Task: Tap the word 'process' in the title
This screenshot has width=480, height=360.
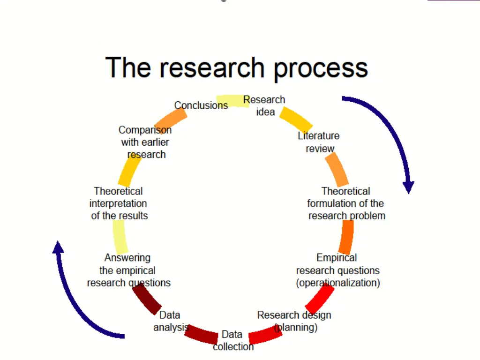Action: (321, 68)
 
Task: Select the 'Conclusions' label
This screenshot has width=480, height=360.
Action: (201, 105)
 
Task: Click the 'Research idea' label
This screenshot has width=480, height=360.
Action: (264, 106)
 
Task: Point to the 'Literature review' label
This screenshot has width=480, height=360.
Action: (319, 142)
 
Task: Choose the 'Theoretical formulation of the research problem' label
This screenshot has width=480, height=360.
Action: (346, 203)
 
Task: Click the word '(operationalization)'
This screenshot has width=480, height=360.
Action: (338, 283)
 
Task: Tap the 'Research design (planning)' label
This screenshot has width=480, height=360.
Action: (294, 321)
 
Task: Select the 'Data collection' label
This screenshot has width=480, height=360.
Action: (232, 340)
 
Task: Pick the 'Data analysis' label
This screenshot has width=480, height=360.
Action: (171, 321)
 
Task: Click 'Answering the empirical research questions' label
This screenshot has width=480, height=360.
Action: (128, 270)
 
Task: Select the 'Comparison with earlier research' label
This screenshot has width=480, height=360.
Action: (145, 142)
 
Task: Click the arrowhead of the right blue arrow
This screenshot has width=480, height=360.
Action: (409, 187)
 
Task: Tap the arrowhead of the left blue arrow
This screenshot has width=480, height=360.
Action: (58, 247)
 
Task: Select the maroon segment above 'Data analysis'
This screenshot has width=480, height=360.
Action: (147, 299)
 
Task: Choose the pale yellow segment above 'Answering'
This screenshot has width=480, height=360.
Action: (120, 237)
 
